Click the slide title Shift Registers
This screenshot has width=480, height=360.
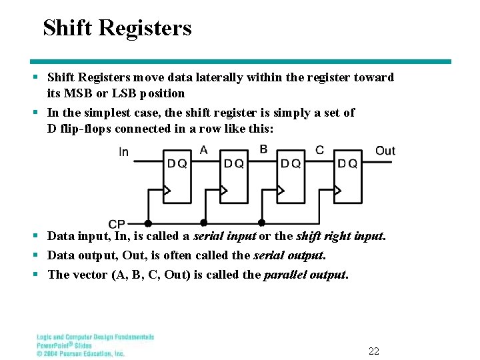click(117, 28)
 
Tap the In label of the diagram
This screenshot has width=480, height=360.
click(123, 152)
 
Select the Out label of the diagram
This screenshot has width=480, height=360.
click(385, 151)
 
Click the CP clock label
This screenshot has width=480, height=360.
click(117, 224)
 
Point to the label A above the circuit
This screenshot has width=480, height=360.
click(203, 150)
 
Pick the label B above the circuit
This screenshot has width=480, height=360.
click(263, 149)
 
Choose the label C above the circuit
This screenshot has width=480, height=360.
click(319, 150)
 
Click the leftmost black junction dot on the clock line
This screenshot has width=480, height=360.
click(148, 223)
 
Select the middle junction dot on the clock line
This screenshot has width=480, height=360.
click(204, 223)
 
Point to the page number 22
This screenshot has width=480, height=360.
click(373, 351)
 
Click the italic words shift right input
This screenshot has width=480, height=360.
click(339, 236)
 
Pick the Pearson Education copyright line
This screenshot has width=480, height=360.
click(81, 353)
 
